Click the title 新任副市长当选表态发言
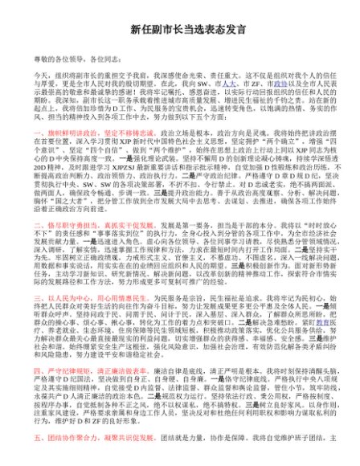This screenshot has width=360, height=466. point(181,18)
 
